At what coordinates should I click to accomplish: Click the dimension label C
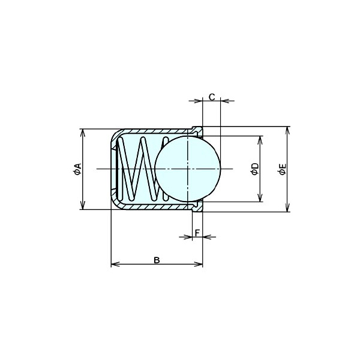pos(212,97)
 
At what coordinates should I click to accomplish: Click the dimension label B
pos(157,260)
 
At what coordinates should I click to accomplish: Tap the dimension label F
pos(197,233)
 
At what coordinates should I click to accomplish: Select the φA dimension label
pos(77,169)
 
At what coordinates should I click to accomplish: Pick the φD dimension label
pos(255,169)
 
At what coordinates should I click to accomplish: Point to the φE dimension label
pos(283,169)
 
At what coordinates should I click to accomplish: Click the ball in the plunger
pos(188,169)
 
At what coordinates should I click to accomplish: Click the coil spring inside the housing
pos(140,169)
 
